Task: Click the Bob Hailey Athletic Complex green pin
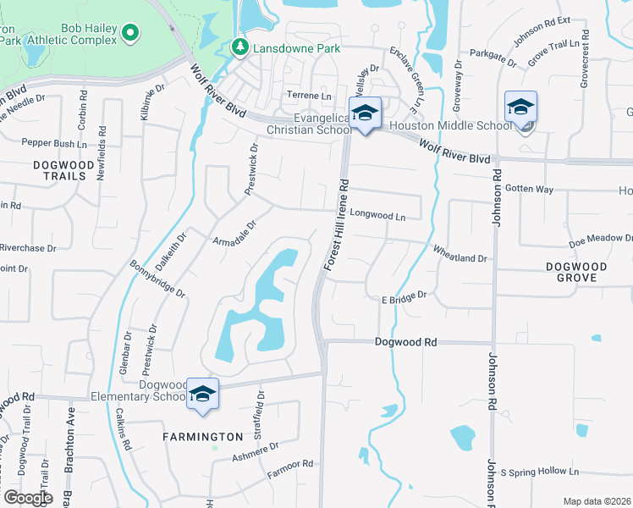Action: pyautogui.click(x=129, y=33)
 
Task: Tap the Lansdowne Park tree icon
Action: pyautogui.click(x=240, y=47)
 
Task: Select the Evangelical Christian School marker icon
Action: pyautogui.click(x=366, y=113)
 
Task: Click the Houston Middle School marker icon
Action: pyautogui.click(x=520, y=107)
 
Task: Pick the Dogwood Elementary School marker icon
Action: pyautogui.click(x=203, y=394)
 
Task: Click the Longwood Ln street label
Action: pyautogui.click(x=377, y=217)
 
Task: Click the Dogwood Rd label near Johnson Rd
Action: pyautogui.click(x=406, y=342)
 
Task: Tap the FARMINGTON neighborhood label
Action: pyautogui.click(x=203, y=437)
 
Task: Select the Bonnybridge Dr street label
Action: pyautogui.click(x=157, y=278)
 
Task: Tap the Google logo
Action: pyautogui.click(x=27, y=498)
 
